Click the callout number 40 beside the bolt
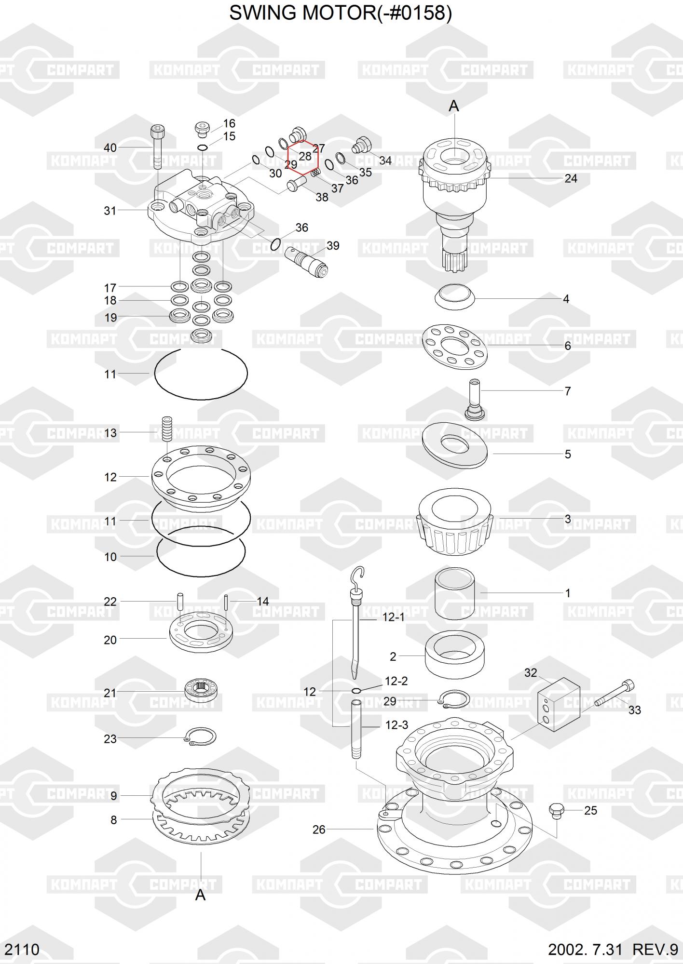(110, 147)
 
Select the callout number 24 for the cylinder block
(571, 179)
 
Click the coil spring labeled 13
(167, 428)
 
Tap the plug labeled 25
(556, 811)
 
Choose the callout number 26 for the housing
(319, 830)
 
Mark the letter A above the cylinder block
(454, 106)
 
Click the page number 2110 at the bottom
(22, 950)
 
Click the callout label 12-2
(396, 681)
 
